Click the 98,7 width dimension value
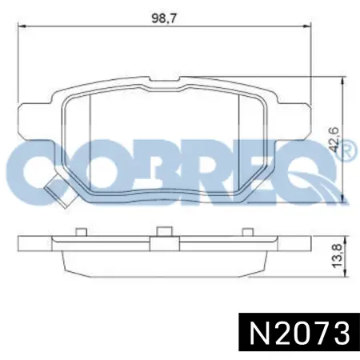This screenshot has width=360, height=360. [x=164, y=18]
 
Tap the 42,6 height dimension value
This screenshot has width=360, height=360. [x=334, y=140]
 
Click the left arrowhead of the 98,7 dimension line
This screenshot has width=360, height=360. [x=21, y=26]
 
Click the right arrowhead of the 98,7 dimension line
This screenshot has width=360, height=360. [x=307, y=26]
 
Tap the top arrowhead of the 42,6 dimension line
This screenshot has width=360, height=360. [x=345, y=81]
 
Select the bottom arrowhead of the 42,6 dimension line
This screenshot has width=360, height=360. [x=345, y=198]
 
